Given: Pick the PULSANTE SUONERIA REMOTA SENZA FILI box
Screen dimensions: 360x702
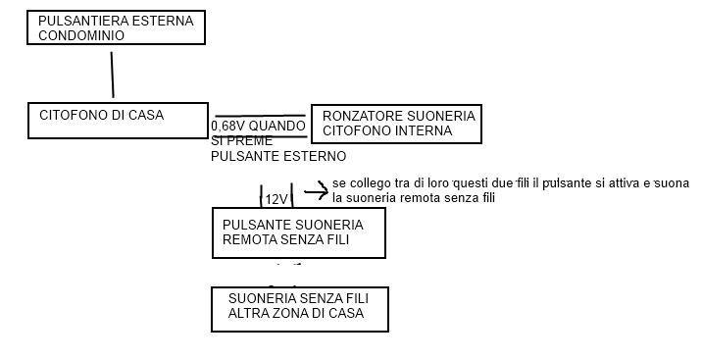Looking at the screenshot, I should pyautogui.click(x=298, y=232).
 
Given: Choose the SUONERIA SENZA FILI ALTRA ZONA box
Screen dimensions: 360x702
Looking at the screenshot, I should pyautogui.click(x=299, y=308).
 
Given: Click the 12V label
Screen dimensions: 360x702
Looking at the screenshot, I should pyautogui.click(x=276, y=199).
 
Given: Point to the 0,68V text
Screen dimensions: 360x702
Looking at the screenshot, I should pyautogui.click(x=227, y=127).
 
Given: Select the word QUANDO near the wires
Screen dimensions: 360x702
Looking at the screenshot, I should pyautogui.click(x=277, y=127).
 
